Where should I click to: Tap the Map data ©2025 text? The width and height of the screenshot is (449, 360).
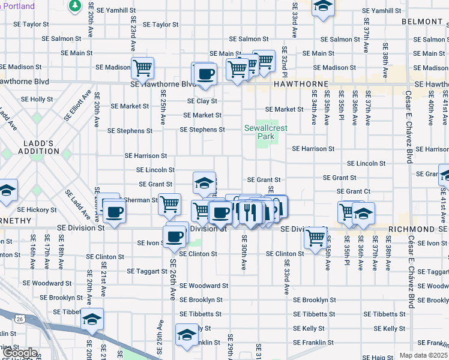pyautogui.click(x=423, y=355)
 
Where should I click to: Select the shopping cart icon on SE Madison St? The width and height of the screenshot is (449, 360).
pyautogui.click(x=142, y=68)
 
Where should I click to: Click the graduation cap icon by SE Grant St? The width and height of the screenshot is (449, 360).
pyautogui.click(x=204, y=183)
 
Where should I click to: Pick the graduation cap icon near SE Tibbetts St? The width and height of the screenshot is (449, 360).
pyautogui.click(x=92, y=319)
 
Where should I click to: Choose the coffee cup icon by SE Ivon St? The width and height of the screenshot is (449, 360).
pyautogui.click(x=175, y=236)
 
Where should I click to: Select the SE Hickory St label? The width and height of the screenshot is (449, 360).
pyautogui.click(x=37, y=210)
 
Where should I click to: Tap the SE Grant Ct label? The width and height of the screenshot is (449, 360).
pyautogui.click(x=354, y=191)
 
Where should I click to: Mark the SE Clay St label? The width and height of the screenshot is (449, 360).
pyautogui.click(x=202, y=101)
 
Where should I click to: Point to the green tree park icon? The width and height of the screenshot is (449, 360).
pyautogui.click(x=75, y=6)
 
